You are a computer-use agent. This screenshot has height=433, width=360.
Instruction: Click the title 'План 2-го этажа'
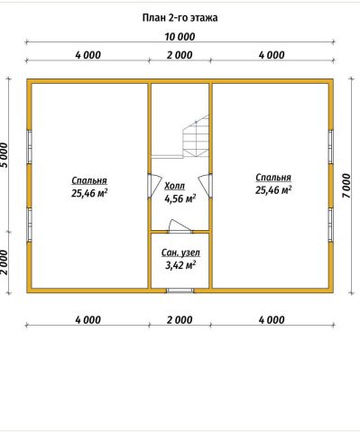[x=180, y=18]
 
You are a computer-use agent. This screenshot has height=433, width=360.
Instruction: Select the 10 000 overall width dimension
[x=180, y=37]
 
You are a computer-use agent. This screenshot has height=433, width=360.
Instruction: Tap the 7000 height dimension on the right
[x=346, y=186]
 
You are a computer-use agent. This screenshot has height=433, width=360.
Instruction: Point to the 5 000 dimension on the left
[x=5, y=155]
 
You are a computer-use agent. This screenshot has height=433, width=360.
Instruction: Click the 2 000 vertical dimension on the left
[x=5, y=263]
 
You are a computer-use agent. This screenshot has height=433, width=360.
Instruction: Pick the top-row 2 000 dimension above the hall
[x=180, y=55]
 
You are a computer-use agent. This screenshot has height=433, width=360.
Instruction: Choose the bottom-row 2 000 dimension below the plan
[x=180, y=320]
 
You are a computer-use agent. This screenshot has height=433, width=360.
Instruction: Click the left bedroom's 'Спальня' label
[x=89, y=180]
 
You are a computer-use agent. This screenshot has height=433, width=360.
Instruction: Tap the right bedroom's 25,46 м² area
[x=273, y=190]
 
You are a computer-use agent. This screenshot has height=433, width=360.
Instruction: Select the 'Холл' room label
[x=174, y=186]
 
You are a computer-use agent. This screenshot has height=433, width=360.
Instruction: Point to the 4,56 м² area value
[x=180, y=198]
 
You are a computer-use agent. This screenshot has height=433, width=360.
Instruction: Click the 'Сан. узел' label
[x=180, y=253]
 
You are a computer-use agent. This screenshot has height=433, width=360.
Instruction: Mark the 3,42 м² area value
[x=180, y=265]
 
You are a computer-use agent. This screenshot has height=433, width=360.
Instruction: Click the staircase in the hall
[x=196, y=136]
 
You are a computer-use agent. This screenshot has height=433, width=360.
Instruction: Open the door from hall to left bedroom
[x=154, y=186]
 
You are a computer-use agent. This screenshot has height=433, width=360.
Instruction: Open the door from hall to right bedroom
[x=205, y=186]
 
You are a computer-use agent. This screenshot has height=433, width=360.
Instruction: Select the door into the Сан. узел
[x=180, y=226]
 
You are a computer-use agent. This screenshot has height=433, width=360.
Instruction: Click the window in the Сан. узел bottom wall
[x=180, y=290]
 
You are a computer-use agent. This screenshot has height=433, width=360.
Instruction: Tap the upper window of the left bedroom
[x=30, y=147]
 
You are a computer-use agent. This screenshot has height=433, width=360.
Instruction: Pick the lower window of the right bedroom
[x=330, y=225]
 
